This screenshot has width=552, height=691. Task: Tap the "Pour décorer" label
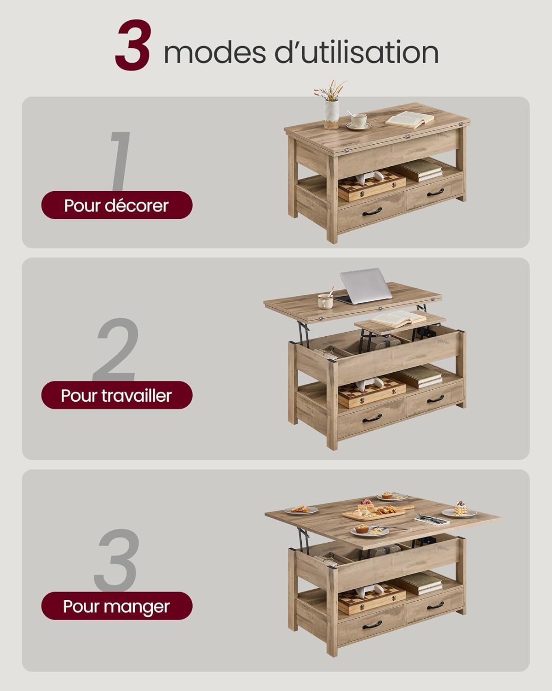tap(117, 205)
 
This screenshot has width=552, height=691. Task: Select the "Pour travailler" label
tap(117, 395)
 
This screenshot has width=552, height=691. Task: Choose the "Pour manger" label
tap(117, 606)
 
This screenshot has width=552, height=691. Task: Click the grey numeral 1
tap(119, 161)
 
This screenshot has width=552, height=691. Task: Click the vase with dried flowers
tap(331, 106)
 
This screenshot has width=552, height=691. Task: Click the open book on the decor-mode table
tap(409, 119)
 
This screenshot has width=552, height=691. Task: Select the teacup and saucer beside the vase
tap(358, 121)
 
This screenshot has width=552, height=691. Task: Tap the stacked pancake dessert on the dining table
tap(460, 509)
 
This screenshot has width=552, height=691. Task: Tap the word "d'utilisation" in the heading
tap(357, 53)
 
